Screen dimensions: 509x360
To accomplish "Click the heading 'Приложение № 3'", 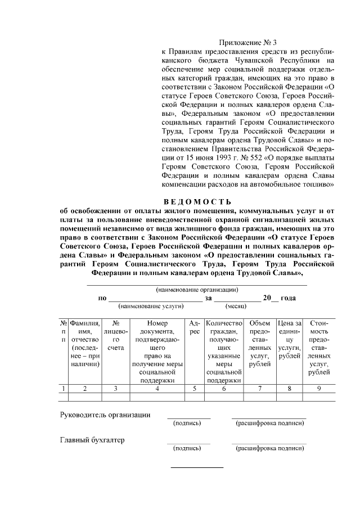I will [x=247, y=42].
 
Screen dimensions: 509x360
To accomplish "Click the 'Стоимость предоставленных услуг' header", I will [x=319, y=348].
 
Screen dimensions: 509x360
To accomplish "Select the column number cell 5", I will [x=194, y=388].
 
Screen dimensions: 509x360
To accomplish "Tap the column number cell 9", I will [x=319, y=388].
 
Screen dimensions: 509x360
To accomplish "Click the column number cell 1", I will [x=64, y=388].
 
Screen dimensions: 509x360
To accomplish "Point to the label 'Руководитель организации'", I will [x=105, y=415].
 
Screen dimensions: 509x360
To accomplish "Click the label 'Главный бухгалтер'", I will [x=92, y=440].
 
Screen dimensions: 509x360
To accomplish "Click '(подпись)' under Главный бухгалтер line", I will [x=187, y=448].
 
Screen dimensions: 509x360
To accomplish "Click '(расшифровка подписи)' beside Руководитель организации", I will [x=269, y=422].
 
